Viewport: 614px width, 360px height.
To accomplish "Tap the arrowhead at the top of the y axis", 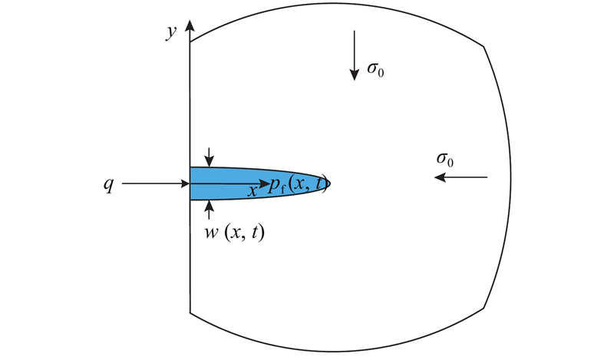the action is tap(190, 25).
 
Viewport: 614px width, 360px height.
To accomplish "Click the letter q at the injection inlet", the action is tap(108, 184).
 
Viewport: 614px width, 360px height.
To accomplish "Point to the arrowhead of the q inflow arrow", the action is tap(185, 183).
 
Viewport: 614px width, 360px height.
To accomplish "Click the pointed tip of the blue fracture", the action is tap(331, 183).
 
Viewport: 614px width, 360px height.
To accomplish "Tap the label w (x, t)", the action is tap(235, 233).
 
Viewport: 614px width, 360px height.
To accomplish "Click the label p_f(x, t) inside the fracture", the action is tap(298, 184).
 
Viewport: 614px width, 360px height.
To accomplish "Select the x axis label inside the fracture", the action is tap(253, 191).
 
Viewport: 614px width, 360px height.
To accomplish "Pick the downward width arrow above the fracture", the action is tap(209, 157).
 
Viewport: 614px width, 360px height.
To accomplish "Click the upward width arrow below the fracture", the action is tap(209, 210).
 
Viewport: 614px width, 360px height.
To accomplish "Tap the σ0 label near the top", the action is tap(375, 69).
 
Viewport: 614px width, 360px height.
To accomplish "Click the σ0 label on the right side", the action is tap(445, 160).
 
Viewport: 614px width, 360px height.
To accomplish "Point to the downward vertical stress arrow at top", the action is tap(355, 55).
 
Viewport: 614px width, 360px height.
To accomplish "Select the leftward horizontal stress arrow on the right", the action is tap(461, 177).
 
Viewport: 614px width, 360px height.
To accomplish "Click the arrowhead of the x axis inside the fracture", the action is tap(265, 183).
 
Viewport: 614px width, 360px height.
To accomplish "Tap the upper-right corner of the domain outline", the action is tap(484, 47).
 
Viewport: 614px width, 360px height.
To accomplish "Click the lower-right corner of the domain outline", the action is tap(484, 308).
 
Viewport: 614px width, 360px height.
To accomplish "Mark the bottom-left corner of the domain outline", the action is tap(190, 312).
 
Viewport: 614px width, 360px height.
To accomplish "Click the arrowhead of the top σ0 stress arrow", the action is tap(355, 75).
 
